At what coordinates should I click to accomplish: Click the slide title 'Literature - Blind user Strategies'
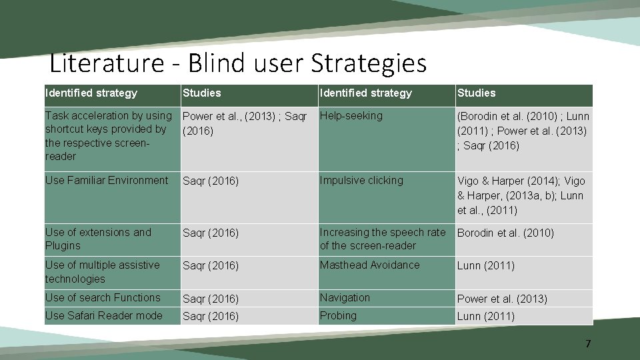(x=238, y=64)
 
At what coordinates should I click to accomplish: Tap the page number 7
(x=587, y=344)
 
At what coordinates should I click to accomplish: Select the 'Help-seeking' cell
(x=351, y=116)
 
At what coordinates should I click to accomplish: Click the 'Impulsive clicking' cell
(x=361, y=181)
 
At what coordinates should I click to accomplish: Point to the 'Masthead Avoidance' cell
(x=369, y=265)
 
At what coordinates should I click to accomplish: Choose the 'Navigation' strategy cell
(x=345, y=298)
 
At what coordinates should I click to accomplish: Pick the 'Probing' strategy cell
(x=338, y=316)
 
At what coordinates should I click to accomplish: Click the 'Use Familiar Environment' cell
(x=107, y=181)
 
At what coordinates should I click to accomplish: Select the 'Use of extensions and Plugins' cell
(x=98, y=239)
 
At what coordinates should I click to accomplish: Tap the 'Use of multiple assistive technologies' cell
(x=102, y=272)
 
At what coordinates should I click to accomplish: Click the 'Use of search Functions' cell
(x=103, y=298)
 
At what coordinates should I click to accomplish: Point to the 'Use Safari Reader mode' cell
(x=103, y=316)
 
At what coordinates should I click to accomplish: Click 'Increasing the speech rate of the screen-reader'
(x=382, y=239)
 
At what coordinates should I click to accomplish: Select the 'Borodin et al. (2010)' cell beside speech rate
(x=505, y=233)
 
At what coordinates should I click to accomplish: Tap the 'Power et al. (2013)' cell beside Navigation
(x=502, y=299)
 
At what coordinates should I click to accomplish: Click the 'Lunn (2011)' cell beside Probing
(x=485, y=317)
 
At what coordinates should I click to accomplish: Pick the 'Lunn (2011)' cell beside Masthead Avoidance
(x=485, y=266)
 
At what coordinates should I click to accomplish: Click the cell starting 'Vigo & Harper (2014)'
(x=521, y=195)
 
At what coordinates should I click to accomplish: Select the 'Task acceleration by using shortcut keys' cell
(x=108, y=136)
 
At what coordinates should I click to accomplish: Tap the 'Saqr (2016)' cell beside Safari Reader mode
(x=211, y=317)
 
